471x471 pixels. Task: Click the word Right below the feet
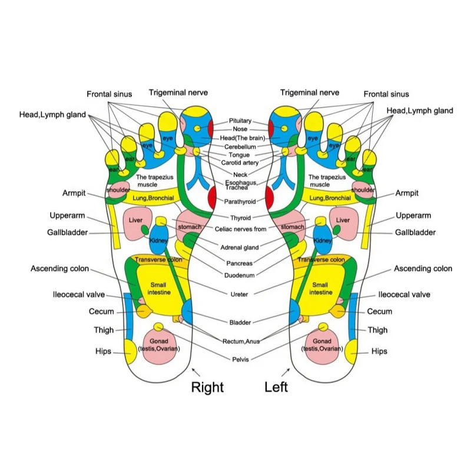(x=207, y=387)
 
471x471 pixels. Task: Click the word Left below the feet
(x=276, y=387)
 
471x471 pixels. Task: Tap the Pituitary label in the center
(x=240, y=121)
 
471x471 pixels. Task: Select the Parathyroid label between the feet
(x=240, y=201)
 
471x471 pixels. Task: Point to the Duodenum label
(x=240, y=275)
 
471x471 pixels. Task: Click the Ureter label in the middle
(x=239, y=294)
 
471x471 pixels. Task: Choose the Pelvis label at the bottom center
(x=240, y=359)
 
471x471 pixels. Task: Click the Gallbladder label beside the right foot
(x=67, y=233)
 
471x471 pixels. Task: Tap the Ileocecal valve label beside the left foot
(x=404, y=294)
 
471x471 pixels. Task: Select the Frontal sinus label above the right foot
(x=110, y=94)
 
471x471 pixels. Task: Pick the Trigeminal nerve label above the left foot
(x=310, y=92)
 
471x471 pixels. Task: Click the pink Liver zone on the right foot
(x=136, y=223)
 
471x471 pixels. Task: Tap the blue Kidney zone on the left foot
(x=323, y=240)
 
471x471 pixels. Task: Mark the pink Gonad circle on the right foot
(x=158, y=346)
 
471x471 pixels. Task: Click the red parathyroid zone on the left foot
(x=270, y=197)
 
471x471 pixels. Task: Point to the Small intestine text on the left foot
(x=320, y=288)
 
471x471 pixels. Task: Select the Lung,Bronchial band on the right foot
(x=153, y=198)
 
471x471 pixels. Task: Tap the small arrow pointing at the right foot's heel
(x=196, y=372)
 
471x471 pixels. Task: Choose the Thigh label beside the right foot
(x=104, y=330)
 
